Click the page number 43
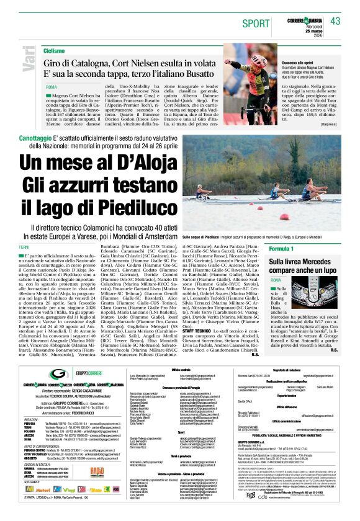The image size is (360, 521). point(336,21)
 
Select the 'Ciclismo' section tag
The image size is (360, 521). point(54,50)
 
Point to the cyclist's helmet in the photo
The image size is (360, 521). point(239,50)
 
